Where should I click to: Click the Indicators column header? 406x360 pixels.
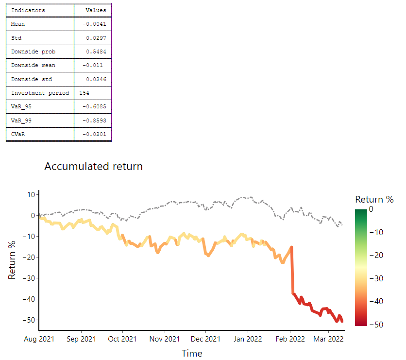coord(28,10)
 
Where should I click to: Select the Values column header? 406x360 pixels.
coord(95,10)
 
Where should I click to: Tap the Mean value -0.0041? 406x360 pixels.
coord(96,24)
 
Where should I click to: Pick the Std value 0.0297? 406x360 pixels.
coord(97,37)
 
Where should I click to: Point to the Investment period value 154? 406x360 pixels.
coord(84,93)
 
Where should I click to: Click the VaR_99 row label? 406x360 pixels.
coord(21,120)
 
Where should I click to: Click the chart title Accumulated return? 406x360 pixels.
coord(94,166)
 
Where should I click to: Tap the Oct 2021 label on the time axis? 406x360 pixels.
coord(122,339)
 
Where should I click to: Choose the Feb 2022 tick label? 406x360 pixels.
coord(290,339)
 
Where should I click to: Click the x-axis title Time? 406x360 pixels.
coord(192,353)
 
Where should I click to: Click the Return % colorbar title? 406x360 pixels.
coord(374,199)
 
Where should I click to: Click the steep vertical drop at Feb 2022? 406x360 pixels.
coord(292,272)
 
